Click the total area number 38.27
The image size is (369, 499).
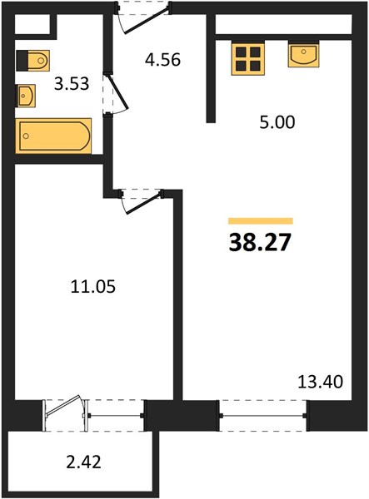[260, 242]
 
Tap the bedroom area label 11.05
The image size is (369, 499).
[93, 286]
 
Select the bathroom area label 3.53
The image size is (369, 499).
[72, 84]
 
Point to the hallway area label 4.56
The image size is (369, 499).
[162, 59]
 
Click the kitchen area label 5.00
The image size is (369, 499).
[277, 122]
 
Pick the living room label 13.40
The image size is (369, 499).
[320, 381]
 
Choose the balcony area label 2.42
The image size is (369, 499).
[84, 462]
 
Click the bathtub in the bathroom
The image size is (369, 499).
[53, 136]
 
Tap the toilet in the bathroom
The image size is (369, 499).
[32, 61]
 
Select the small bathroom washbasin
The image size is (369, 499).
[26, 96]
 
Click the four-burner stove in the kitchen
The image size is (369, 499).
[248, 59]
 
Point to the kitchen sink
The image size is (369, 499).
[303, 55]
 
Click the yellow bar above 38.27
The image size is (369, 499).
[261, 221]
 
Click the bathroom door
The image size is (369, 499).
[117, 92]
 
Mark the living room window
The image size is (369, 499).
[263, 415]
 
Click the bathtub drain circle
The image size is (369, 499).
[26, 136]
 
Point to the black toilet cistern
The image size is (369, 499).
[22, 61]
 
